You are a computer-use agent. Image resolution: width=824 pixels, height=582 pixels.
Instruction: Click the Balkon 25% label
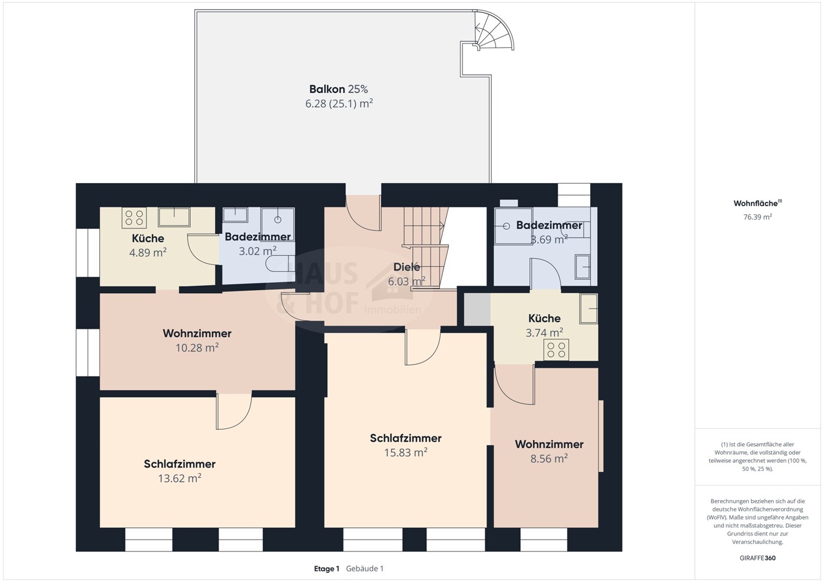pyautogui.click(x=339, y=89)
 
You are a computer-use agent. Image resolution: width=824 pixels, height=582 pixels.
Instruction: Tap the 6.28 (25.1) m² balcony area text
pyautogui.click(x=339, y=103)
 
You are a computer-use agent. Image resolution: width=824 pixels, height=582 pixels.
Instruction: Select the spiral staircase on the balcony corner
pyautogui.click(x=492, y=30)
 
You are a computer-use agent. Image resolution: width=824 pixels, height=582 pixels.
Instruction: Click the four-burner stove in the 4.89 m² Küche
pyautogui.click(x=134, y=217)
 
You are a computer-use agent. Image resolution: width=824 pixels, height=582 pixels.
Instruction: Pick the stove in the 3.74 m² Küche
pyautogui.click(x=556, y=350)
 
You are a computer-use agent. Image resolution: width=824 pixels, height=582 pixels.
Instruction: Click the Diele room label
pyautogui.click(x=406, y=267)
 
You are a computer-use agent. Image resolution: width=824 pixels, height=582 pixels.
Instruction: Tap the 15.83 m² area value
pyautogui.click(x=406, y=452)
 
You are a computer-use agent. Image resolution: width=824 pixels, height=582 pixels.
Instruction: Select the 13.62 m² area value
pyautogui.click(x=180, y=478)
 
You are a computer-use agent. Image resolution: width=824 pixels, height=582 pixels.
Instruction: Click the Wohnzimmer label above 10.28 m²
pyautogui.click(x=197, y=333)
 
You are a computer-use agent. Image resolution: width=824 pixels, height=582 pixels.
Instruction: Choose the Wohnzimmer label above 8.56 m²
pyautogui.click(x=549, y=444)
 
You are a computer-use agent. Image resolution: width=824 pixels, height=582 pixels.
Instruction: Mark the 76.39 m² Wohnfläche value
pyautogui.click(x=757, y=217)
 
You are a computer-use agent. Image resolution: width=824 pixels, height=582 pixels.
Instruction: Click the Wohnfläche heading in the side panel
pyautogui.click(x=757, y=203)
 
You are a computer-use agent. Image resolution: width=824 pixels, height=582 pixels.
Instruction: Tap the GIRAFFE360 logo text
pyautogui.click(x=757, y=558)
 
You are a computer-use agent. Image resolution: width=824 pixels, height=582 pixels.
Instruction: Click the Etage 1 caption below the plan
pyautogui.click(x=327, y=569)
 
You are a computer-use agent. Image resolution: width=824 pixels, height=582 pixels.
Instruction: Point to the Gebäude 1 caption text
pyautogui.click(x=365, y=569)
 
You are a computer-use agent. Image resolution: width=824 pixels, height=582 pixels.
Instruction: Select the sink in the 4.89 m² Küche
pyautogui.click(x=174, y=217)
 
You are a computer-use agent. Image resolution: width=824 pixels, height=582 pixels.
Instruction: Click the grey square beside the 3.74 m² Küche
pyautogui.click(x=476, y=309)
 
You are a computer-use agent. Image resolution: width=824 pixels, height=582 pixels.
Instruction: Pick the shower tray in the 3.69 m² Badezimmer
pyautogui.click(x=514, y=226)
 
